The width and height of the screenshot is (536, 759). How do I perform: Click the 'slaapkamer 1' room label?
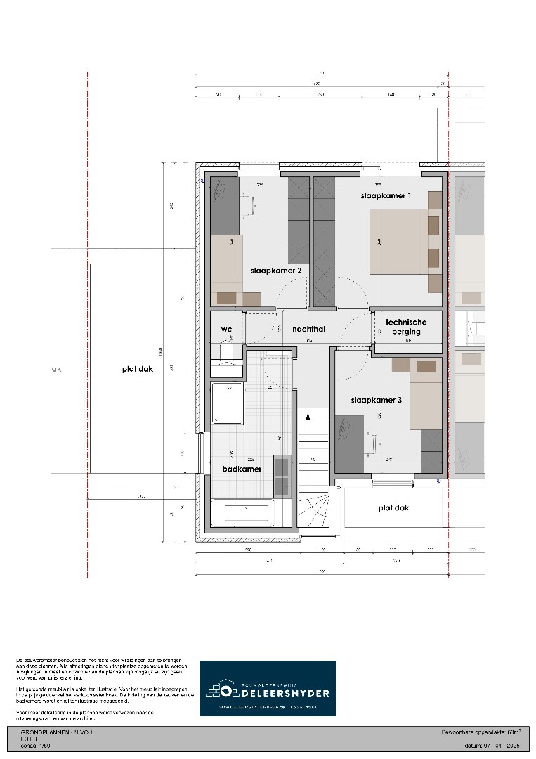click(386, 195)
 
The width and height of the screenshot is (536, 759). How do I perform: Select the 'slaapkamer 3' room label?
click(377, 400)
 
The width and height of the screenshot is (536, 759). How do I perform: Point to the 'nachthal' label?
click(308, 329)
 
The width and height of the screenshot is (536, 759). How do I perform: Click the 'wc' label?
click(226, 329)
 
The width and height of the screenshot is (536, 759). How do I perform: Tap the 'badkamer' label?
click(242, 469)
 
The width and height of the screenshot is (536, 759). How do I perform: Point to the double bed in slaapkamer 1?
click(398, 242)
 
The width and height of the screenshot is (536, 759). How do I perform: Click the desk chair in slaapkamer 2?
click(249, 204)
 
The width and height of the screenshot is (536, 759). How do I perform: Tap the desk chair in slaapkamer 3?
click(372, 442)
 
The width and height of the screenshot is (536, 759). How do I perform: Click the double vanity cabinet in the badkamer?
click(282, 476)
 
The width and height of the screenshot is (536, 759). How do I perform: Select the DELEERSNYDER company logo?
click(268, 688)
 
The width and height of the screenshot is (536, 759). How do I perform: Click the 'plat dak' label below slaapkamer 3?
click(393, 507)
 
